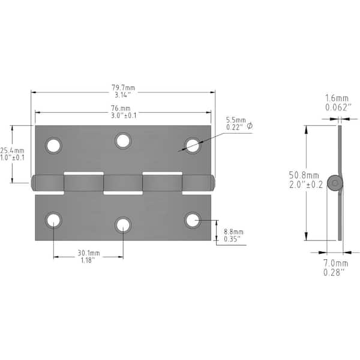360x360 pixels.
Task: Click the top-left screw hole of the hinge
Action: tap(53, 146)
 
